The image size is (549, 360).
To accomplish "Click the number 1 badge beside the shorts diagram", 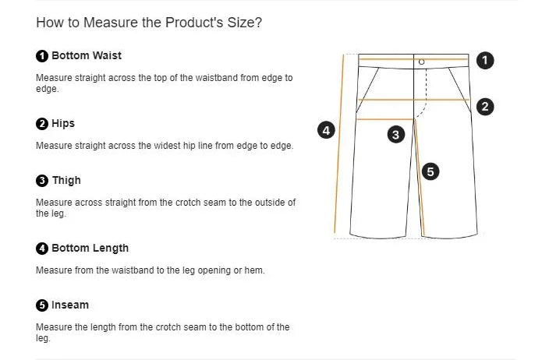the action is pyautogui.click(x=485, y=60).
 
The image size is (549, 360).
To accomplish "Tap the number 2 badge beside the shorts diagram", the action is pyautogui.click(x=485, y=106).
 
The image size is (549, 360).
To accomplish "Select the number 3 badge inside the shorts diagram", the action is pyautogui.click(x=396, y=135).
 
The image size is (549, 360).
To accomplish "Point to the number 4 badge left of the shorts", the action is pyautogui.click(x=326, y=130).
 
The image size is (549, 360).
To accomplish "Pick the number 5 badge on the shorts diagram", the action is pyautogui.click(x=430, y=171).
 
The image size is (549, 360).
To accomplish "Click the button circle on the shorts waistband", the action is pyautogui.click(x=422, y=62).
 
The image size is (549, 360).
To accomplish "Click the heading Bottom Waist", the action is pyautogui.click(x=87, y=55).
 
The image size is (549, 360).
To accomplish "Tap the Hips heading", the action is pyautogui.click(x=63, y=123).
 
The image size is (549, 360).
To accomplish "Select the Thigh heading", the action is pyautogui.click(x=66, y=181).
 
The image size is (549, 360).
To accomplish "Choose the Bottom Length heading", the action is pyautogui.click(x=90, y=248).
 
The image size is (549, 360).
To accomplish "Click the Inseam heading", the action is pyautogui.click(x=70, y=305).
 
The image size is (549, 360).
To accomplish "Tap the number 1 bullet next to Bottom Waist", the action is pyautogui.click(x=42, y=56).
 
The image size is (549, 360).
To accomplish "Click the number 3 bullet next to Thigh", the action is pyautogui.click(x=42, y=181).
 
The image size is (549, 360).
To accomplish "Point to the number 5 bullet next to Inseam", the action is pyautogui.click(x=42, y=305).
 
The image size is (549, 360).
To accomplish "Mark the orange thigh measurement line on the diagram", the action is pyautogui.click(x=385, y=119).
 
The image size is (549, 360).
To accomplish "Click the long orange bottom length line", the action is pyautogui.click(x=339, y=143).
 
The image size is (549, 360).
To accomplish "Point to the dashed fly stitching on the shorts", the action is pyautogui.click(x=425, y=92).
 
